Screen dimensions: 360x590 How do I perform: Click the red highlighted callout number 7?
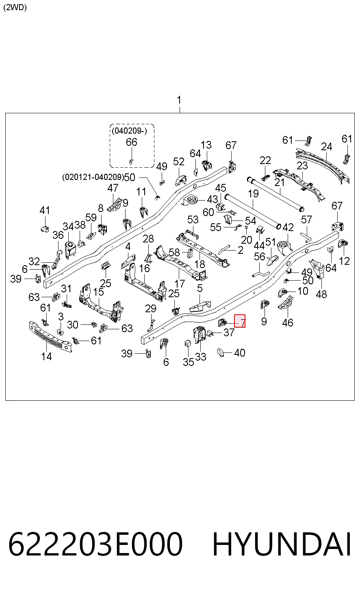coord(240,321)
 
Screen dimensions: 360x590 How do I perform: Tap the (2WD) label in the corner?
coord(15,7)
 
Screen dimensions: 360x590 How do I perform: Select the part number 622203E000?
coord(95,544)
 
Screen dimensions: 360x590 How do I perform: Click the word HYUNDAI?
coord(282,544)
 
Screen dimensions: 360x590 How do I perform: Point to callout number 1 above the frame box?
coord(179,100)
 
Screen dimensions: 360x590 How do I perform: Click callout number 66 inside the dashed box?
coord(132,142)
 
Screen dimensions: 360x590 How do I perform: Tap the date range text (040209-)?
coord(129,131)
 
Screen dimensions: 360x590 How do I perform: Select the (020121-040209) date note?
coord(93,177)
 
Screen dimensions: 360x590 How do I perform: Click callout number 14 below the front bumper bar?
coord(46,357)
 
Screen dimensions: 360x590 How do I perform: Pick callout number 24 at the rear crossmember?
coord(327,147)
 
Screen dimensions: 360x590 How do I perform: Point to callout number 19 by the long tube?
coord(253,194)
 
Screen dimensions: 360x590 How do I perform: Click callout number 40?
coord(240,353)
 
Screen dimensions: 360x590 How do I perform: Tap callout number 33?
coord(201,357)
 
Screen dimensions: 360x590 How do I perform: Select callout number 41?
coord(45,210)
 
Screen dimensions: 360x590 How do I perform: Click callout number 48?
coord(321,294)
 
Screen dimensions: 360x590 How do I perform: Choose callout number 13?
coord(206,145)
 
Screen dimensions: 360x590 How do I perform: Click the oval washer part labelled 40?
coord(221,352)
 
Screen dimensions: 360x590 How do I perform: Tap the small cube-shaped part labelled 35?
coord(187,344)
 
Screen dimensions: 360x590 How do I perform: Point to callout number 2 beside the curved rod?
coord(241,250)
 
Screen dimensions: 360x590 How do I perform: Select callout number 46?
coord(288,323)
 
